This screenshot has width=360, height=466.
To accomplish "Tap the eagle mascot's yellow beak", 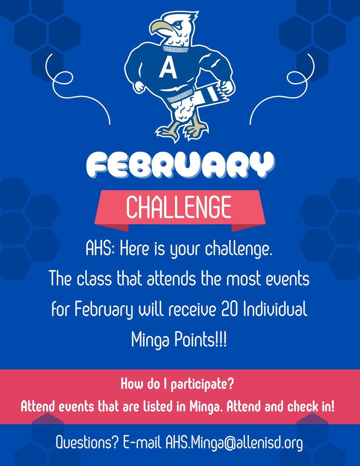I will [x=160, y=28].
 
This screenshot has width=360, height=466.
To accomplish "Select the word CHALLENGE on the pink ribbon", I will [x=179, y=207].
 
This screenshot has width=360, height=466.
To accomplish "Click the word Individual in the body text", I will [x=275, y=310].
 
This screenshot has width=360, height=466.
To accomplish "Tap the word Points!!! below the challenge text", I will [x=200, y=339].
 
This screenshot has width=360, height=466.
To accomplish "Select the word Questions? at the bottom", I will [x=87, y=442].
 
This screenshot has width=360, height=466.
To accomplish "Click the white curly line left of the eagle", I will [x=75, y=86].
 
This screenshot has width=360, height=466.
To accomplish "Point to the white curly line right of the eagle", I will [x=284, y=86].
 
